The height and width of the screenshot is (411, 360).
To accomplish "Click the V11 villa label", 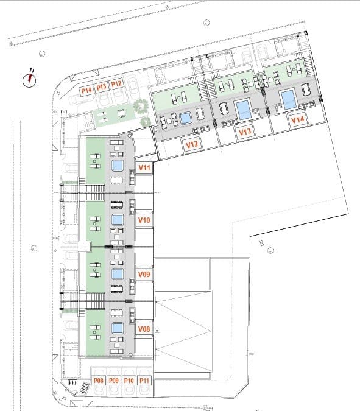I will coord(145,167).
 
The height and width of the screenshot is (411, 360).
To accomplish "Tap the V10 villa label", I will coord(144,220).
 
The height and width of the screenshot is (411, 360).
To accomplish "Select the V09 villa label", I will coord(144,275).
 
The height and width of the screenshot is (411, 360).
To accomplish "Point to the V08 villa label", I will coord(144,329).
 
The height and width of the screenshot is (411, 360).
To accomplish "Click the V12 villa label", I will coord(191,144).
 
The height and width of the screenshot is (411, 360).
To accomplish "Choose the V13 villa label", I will coord(245,132).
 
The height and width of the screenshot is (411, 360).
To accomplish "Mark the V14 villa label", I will coord(297,120).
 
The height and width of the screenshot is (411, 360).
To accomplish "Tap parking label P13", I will coord(102,86).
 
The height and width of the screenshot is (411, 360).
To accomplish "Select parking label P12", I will coord(117,84).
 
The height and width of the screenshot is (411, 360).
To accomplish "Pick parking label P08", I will coord(99,381).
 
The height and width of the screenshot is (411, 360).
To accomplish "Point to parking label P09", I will coord(114,381).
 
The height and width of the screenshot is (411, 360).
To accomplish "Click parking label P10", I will coord(129,381).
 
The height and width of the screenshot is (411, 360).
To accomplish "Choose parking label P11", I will coord(144,381).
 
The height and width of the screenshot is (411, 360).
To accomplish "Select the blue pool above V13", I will coord(243,109).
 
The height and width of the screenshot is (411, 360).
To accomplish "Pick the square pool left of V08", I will coord(118,329).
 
